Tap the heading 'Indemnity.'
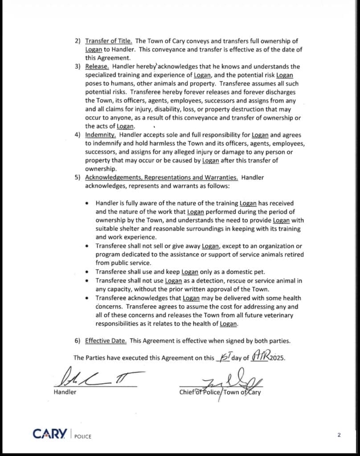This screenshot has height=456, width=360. click(101, 134)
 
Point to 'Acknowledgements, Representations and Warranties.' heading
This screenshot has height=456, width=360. click(161, 177)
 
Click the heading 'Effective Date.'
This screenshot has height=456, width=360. click(106, 341)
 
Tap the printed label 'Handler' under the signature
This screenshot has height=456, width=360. click(65, 392)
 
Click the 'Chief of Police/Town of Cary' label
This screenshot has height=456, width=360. click(220, 392)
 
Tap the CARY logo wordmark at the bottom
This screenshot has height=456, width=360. click(50, 433)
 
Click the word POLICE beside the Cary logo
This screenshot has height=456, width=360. click(82, 436)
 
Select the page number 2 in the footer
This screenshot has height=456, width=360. click(339, 435)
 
